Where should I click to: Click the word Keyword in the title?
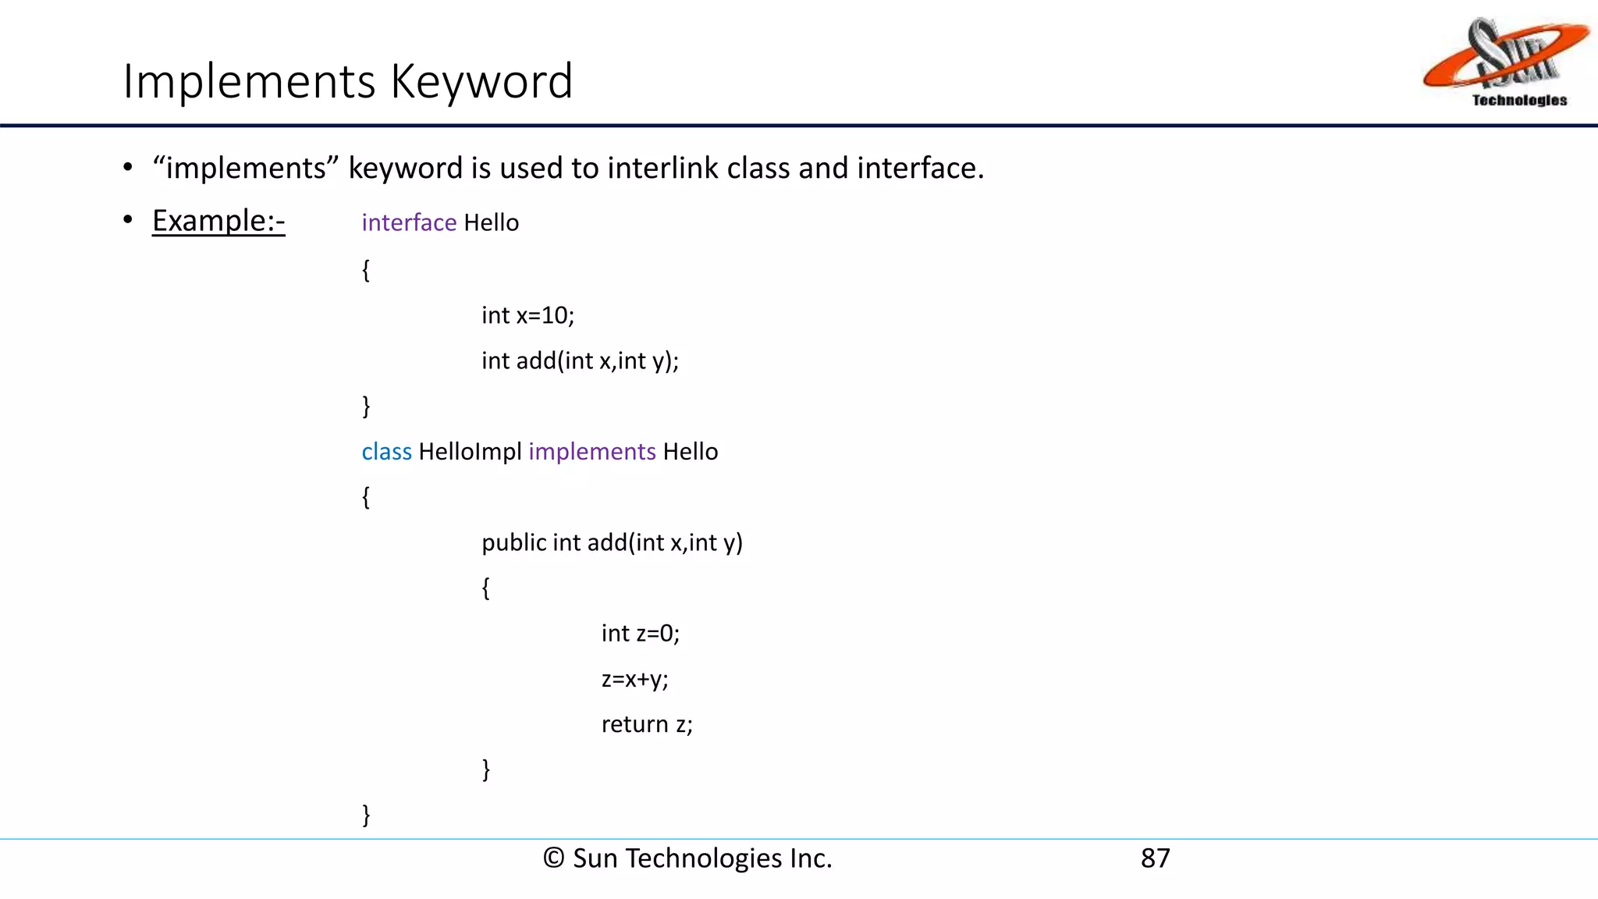481,81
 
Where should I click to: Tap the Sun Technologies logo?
1505,62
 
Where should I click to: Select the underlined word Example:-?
218,221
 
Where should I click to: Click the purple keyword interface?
409,223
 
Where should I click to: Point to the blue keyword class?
386,452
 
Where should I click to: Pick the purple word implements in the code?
592,452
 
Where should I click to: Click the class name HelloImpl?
470,452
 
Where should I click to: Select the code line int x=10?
527,315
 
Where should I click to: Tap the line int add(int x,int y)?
580,361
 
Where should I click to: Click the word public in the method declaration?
513,542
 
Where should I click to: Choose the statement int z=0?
640,633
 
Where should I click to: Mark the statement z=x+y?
634,679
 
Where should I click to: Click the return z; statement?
646,724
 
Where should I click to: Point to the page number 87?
1155,858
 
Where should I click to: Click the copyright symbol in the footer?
553,858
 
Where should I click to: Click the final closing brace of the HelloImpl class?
366,815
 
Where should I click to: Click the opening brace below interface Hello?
366,270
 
